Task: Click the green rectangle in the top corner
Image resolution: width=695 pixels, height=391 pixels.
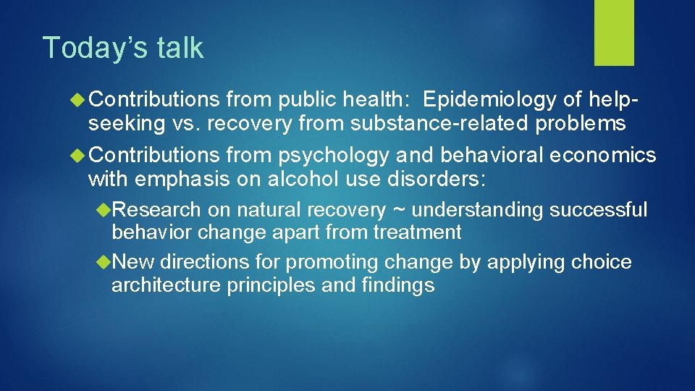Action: tap(614, 33)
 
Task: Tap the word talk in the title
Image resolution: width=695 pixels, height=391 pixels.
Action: tap(177, 48)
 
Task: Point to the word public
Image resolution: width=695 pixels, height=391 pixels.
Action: tap(303, 98)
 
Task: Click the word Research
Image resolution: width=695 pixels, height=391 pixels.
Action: tap(156, 211)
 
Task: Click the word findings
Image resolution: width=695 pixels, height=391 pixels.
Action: tap(397, 285)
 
